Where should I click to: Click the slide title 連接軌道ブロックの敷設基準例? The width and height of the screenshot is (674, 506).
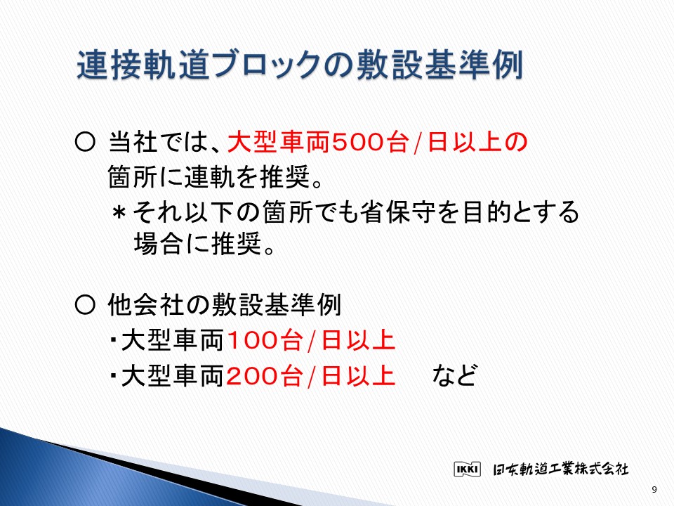tap(300, 65)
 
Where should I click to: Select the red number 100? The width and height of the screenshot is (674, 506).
tap(252, 340)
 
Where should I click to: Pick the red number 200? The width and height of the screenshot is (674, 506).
tap(252, 376)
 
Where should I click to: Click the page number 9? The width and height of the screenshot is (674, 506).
tap(654, 489)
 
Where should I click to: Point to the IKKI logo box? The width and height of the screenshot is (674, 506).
tap(468, 469)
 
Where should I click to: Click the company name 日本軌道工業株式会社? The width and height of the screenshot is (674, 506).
tap(560, 469)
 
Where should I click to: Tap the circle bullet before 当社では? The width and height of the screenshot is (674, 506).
tap(85, 142)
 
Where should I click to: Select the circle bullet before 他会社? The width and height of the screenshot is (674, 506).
tap(85, 305)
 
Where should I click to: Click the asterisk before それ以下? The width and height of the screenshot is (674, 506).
tap(119, 212)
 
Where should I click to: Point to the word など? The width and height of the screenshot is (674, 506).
tap(454, 375)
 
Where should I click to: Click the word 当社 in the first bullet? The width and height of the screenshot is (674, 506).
tap(133, 142)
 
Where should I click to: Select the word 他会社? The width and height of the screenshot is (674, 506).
tap(146, 305)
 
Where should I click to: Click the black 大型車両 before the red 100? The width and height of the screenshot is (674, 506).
tap(173, 340)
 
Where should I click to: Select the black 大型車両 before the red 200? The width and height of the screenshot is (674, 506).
tap(173, 376)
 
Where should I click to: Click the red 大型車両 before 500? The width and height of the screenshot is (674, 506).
tap(279, 142)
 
